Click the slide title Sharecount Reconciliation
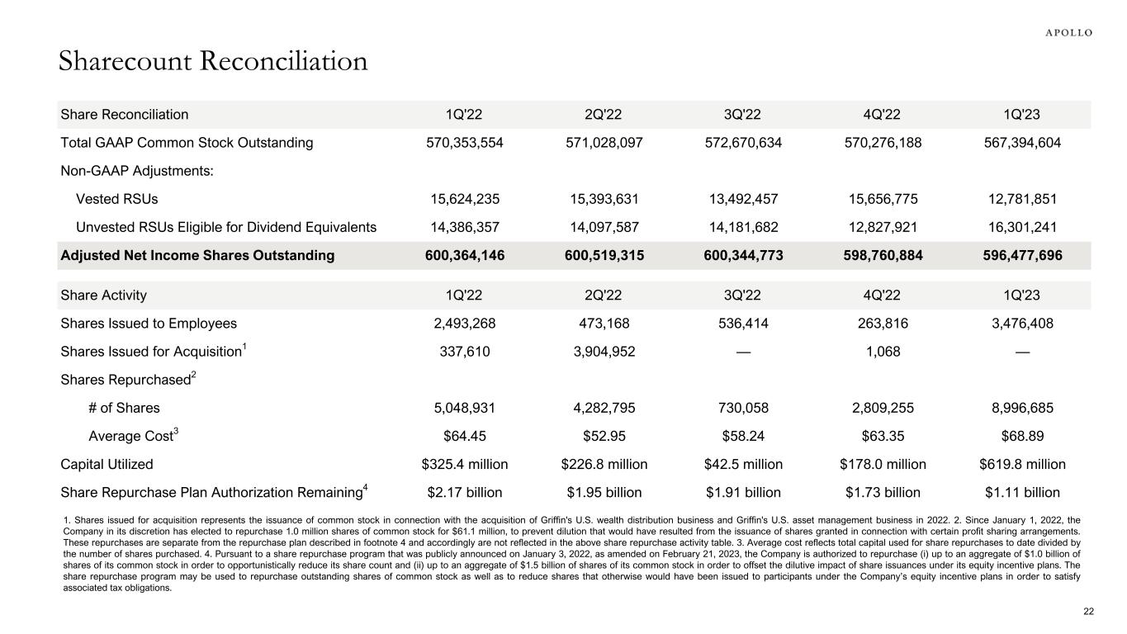coord(213,61)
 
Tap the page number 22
coord(1088,611)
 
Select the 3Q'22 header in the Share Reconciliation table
coord(744,115)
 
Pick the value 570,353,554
coord(465,143)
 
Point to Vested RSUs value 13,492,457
coord(744,199)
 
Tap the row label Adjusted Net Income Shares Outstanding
coord(198,255)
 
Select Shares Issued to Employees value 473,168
coord(604,324)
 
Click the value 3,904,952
coord(604,352)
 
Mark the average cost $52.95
coord(604,436)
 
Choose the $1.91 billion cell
coord(744,493)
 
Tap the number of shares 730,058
coord(744,408)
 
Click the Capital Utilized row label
coord(107,464)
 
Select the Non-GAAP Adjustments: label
coord(125,171)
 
